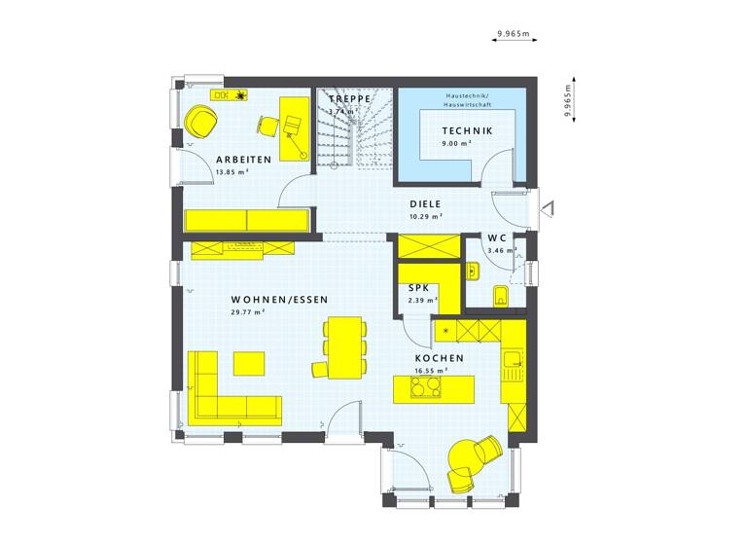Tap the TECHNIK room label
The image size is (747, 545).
(x=467, y=130)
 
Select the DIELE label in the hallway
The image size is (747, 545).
(x=425, y=204)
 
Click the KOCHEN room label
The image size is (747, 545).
(x=439, y=358)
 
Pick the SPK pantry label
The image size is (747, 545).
(x=419, y=289)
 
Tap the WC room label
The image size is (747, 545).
(x=496, y=238)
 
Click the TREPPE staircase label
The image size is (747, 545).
(x=350, y=100)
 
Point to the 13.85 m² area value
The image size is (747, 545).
(x=231, y=172)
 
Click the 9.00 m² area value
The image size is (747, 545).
(x=456, y=143)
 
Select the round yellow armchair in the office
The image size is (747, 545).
(x=200, y=121)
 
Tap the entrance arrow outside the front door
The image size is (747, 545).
(x=547, y=206)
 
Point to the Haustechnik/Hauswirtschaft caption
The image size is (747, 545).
(x=467, y=99)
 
